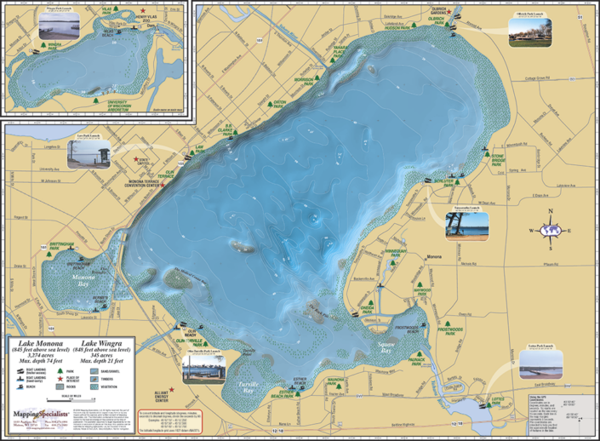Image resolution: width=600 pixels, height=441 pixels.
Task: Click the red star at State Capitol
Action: pyautogui.click(x=132, y=158)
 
